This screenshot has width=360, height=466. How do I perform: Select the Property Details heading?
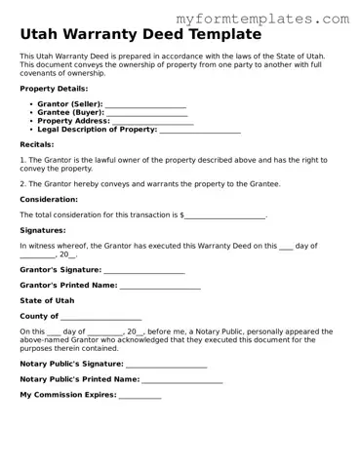[54, 89]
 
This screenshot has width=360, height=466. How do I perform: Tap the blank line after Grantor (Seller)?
[145, 103]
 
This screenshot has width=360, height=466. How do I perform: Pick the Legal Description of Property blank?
[199, 130]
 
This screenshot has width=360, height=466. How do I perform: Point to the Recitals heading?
[37, 144]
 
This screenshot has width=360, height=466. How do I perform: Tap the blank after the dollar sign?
[225, 214]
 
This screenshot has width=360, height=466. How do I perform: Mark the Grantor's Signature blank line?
[143, 270]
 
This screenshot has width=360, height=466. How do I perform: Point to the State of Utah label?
[47, 301]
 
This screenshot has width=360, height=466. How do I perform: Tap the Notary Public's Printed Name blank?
[182, 379]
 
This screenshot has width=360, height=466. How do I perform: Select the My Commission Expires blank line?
[140, 395]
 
